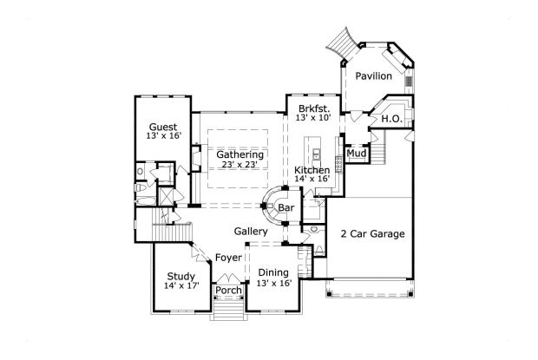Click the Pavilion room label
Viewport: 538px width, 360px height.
374,77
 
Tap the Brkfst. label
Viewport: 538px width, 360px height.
312,108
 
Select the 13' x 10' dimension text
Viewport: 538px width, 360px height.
312,117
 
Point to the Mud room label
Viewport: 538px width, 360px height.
356,154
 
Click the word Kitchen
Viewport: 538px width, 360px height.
312,170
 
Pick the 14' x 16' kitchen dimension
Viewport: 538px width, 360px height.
312,180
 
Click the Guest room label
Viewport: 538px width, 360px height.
163,126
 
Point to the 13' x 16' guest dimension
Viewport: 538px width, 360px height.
163,136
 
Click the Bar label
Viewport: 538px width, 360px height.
285,208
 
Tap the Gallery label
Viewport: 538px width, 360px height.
251,232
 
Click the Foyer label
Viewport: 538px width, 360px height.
228,258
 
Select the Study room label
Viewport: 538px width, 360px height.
180,276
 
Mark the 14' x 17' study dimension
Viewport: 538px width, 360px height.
180,286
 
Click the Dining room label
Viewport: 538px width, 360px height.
273,272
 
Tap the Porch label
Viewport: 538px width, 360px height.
228,290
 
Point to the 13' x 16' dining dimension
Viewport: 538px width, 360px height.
273,283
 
